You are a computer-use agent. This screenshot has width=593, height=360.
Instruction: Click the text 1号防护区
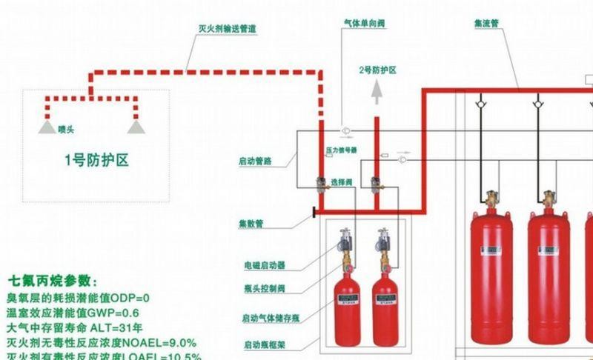click(x=96, y=159)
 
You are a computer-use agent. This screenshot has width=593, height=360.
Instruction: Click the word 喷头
click(x=67, y=130)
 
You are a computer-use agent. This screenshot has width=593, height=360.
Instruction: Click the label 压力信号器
click(x=342, y=150)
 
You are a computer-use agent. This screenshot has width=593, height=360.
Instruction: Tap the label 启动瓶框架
click(x=264, y=345)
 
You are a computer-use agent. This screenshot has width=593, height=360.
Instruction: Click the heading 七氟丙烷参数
click(x=52, y=281)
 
